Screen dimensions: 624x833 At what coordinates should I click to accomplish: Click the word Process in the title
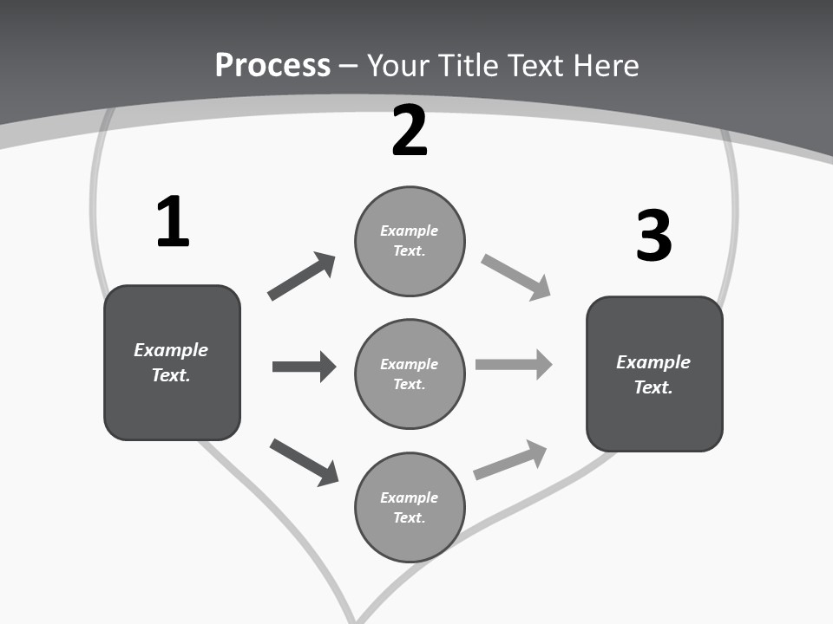[x=272, y=65]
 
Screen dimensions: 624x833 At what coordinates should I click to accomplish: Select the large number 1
[x=173, y=222]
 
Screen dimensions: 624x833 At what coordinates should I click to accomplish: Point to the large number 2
[x=410, y=132]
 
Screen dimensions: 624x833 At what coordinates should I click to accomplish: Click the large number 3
[x=653, y=236]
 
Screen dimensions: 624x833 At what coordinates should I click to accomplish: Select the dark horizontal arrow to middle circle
[x=304, y=367]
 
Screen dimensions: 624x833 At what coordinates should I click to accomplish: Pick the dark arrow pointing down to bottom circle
[x=304, y=462]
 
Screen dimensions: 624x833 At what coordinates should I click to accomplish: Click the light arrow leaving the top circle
[x=515, y=276]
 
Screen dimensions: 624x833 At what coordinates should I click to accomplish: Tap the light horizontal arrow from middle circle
[x=514, y=364]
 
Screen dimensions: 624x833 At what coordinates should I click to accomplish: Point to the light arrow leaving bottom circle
[x=510, y=460]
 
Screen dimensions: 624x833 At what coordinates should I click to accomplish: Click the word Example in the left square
[x=171, y=350]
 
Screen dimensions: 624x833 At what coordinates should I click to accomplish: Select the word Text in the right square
[x=653, y=387]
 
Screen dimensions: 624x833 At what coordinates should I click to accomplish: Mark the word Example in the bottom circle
[x=410, y=497]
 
